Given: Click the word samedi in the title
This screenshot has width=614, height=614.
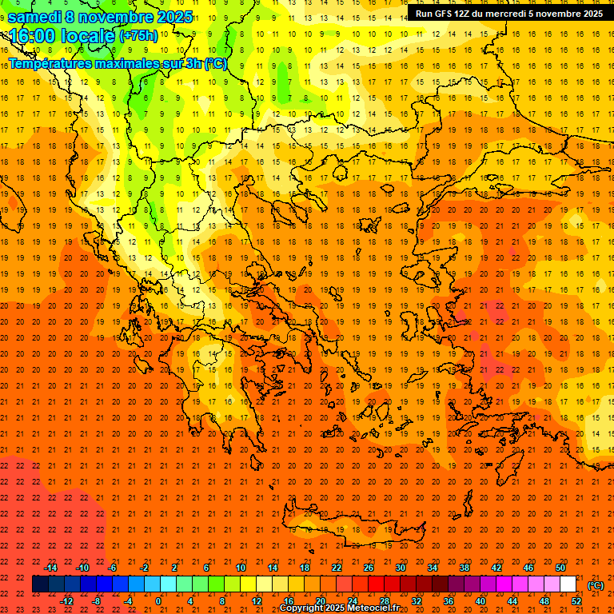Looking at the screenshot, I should [34, 17].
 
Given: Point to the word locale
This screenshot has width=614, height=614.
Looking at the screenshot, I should [88, 36].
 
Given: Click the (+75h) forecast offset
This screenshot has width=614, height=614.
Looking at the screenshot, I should [138, 36].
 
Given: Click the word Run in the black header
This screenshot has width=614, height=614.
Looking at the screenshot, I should [424, 14].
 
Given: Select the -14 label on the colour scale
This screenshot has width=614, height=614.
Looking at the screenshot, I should [51, 568].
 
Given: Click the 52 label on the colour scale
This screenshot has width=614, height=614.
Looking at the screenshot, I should [576, 601].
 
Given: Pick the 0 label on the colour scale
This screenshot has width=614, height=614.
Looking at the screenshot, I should [157, 601].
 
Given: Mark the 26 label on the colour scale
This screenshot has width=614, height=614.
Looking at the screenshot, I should [369, 568].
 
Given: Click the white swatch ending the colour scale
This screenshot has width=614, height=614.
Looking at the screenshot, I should [568, 584].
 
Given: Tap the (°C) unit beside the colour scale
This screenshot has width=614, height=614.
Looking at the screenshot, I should [596, 585].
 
